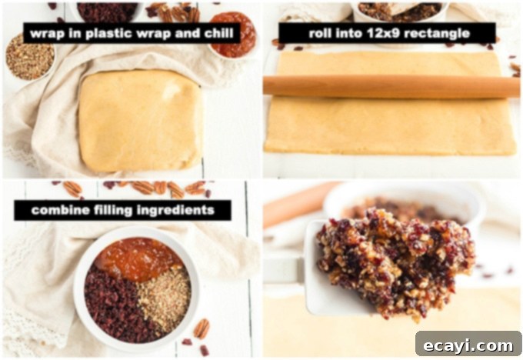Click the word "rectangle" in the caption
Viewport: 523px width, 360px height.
pyautogui.click(x=435, y=34)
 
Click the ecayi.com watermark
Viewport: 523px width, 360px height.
pyautogui.click(x=468, y=345)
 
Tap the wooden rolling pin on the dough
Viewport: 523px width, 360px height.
pyautogui.click(x=391, y=86)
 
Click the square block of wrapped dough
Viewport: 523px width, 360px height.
pyautogui.click(x=141, y=121)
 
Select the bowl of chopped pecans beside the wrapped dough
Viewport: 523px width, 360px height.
pyautogui.click(x=29, y=57)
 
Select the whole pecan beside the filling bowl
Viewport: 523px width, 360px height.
pyautogui.click(x=202, y=328)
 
